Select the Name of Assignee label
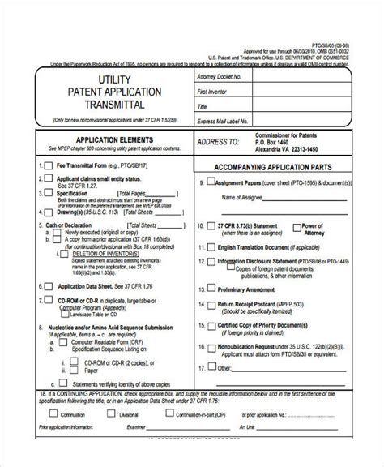click(x=241, y=197)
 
